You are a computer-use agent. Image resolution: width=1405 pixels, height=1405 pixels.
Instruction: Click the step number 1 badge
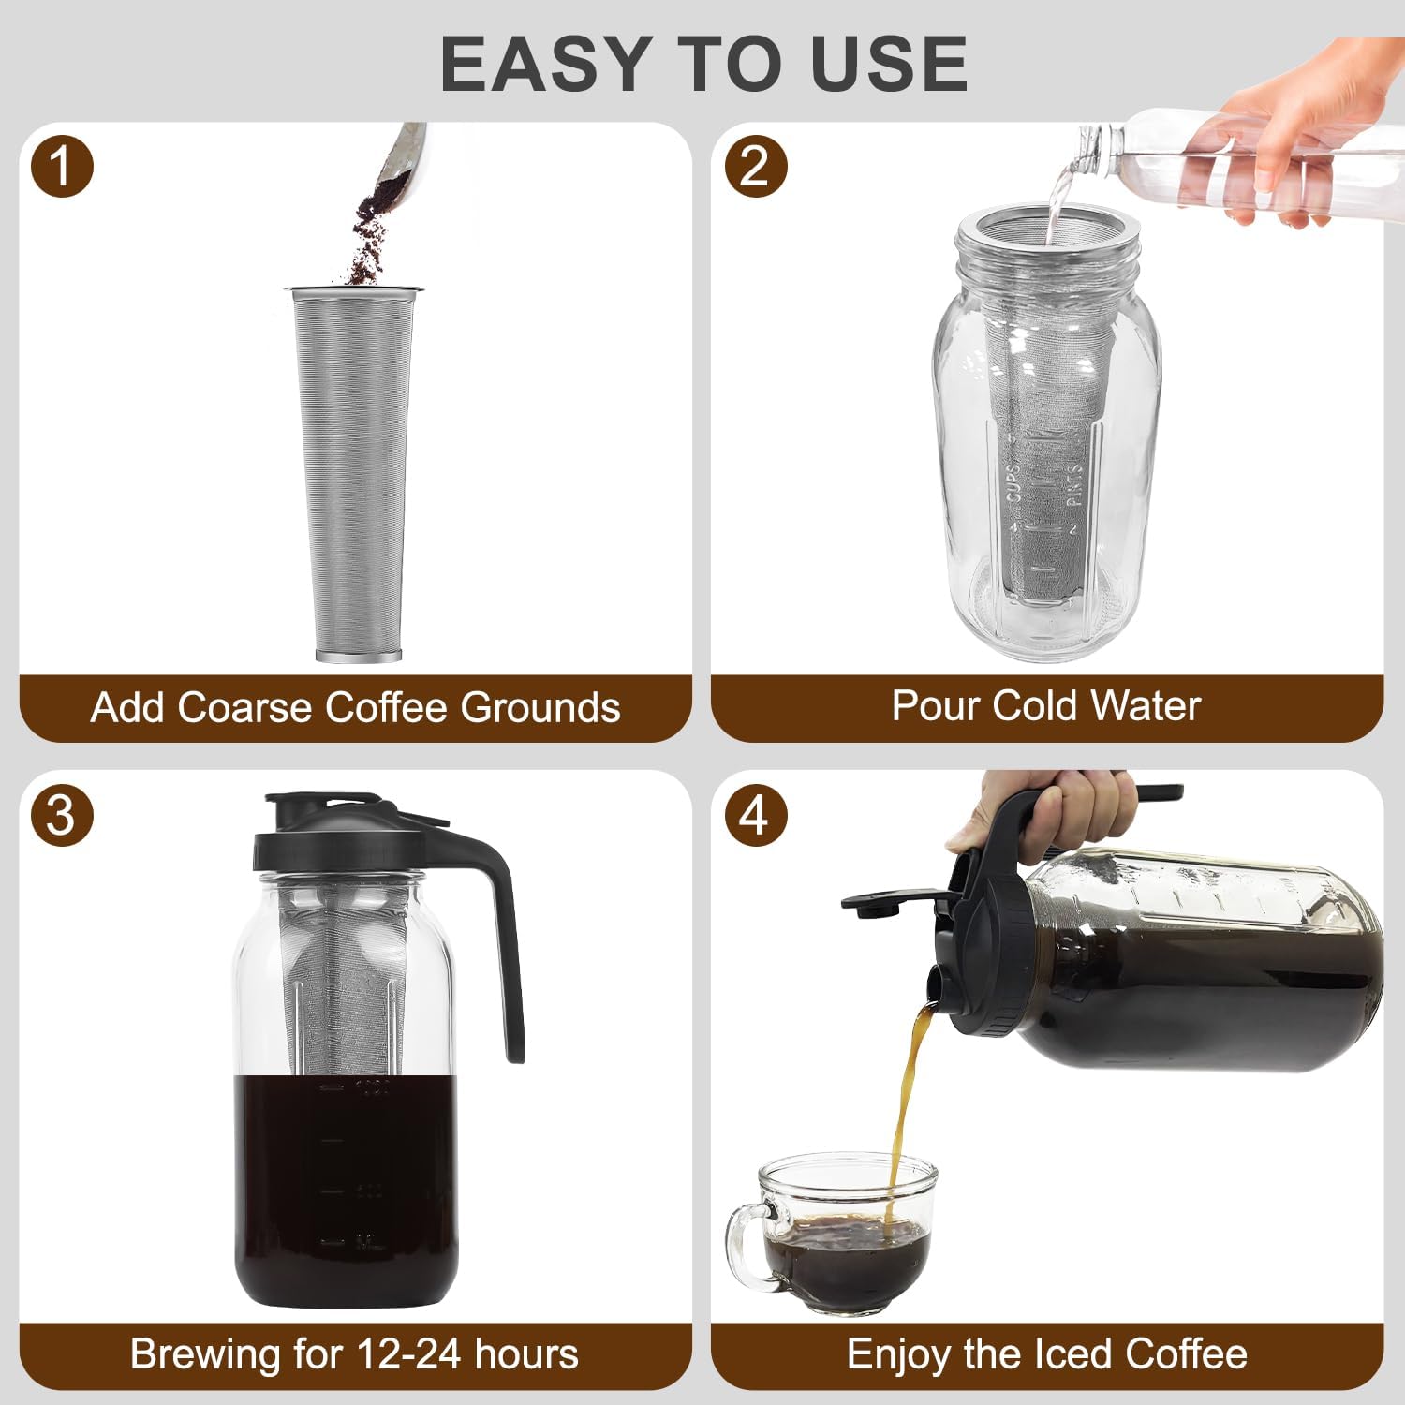tap(62, 167)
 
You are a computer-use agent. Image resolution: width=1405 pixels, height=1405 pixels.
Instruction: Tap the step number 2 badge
tap(755, 167)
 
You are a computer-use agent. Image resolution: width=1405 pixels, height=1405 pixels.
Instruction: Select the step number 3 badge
tap(62, 815)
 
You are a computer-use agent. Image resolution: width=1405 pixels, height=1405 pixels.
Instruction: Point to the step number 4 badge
tap(755, 815)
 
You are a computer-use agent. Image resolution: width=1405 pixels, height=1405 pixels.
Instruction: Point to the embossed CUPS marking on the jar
tap(1013, 483)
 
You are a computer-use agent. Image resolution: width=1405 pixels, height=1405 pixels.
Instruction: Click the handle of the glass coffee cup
tap(745, 1246)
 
